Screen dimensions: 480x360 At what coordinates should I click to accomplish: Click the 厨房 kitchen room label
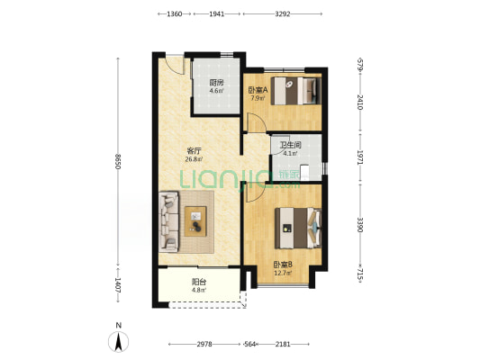(x=216, y=82)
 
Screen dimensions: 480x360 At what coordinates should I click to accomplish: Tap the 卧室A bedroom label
(x=258, y=90)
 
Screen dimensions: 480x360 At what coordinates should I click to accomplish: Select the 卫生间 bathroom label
(x=291, y=145)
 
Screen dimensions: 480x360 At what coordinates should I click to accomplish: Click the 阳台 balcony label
(x=199, y=282)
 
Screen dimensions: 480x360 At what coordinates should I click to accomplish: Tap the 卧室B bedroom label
(x=283, y=265)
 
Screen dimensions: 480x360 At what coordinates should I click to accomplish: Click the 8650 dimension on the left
(x=118, y=161)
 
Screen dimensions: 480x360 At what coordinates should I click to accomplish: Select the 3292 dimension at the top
(x=282, y=14)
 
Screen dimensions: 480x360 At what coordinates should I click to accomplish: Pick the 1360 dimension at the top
(x=175, y=14)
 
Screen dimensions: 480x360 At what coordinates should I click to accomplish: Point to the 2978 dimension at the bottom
(x=204, y=345)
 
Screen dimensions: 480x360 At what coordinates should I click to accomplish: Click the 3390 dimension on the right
(x=360, y=225)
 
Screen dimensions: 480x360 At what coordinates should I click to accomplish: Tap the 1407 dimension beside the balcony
(x=118, y=285)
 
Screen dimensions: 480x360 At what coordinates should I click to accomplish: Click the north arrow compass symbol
(x=119, y=341)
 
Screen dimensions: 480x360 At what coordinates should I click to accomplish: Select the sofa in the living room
(x=168, y=221)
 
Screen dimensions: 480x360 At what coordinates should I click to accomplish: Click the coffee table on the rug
(x=195, y=221)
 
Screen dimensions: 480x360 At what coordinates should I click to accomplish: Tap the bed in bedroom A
(x=296, y=91)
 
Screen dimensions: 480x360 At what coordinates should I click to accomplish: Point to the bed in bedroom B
(x=298, y=229)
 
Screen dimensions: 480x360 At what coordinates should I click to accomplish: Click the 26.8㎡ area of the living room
(x=194, y=159)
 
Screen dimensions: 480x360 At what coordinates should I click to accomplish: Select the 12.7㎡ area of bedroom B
(x=283, y=273)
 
